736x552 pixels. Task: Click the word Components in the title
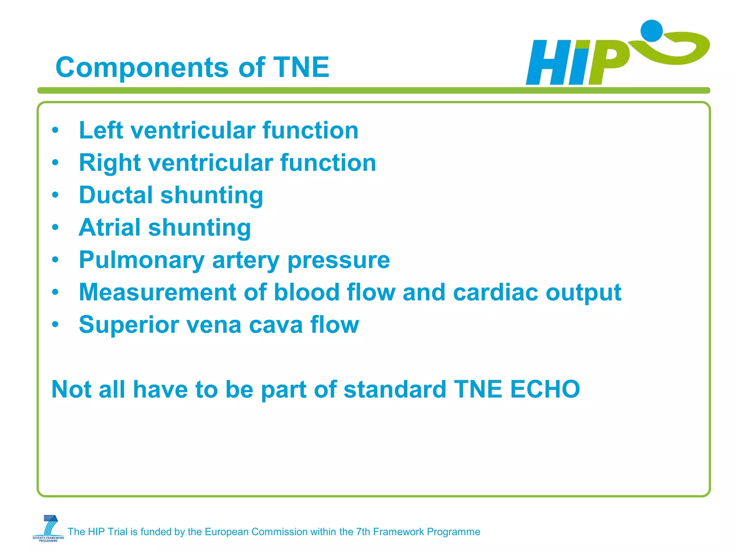tap(142, 68)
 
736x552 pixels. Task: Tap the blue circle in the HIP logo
tap(652, 31)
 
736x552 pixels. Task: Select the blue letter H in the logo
tap(548, 63)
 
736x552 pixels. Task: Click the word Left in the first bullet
tap(101, 130)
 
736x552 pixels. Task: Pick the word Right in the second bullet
tap(110, 163)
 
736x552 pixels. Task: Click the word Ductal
tap(116, 195)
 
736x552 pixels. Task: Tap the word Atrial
tap(109, 227)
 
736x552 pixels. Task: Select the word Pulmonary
tap(142, 260)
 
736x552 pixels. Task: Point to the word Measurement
tap(157, 292)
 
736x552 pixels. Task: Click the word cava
tap(276, 325)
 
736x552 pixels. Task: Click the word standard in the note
tap(395, 389)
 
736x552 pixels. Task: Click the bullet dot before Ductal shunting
tap(55, 195)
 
